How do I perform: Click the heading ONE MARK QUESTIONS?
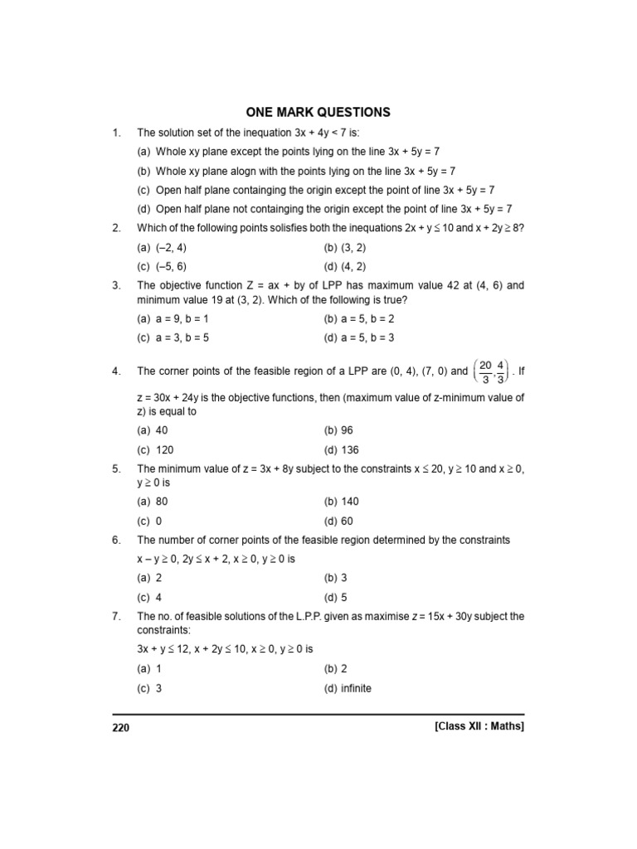tap(318, 112)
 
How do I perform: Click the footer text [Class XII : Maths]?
tap(479, 725)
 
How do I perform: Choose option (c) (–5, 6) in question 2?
tap(163, 266)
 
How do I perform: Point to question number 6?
tap(116, 540)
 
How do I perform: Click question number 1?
tap(116, 132)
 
